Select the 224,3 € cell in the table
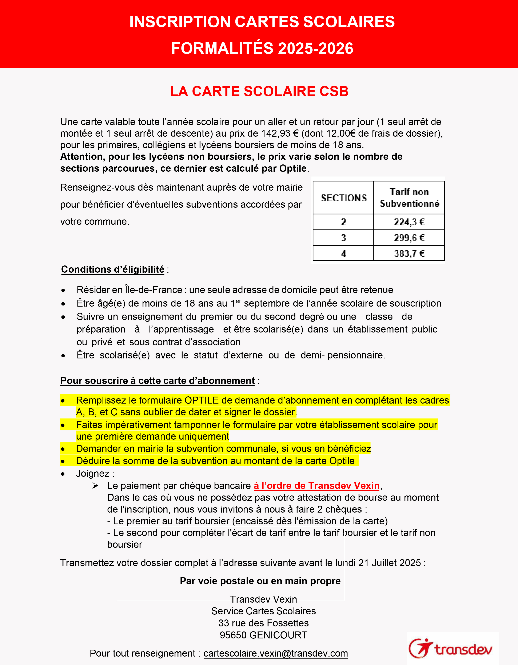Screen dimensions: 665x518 pyautogui.click(x=409, y=222)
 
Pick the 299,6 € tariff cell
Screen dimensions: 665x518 pyautogui.click(x=409, y=238)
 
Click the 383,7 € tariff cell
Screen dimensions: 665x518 pyautogui.click(x=409, y=253)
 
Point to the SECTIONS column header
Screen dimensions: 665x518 pyautogui.click(x=344, y=198)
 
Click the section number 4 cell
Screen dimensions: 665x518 pyautogui.click(x=343, y=253)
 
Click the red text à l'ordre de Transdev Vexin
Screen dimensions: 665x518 pyautogui.click(x=317, y=485)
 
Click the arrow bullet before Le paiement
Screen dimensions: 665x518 pyautogui.click(x=95, y=486)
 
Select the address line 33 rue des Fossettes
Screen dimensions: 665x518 pyautogui.click(x=263, y=623)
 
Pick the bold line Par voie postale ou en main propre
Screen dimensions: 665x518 pyautogui.click(x=260, y=581)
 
